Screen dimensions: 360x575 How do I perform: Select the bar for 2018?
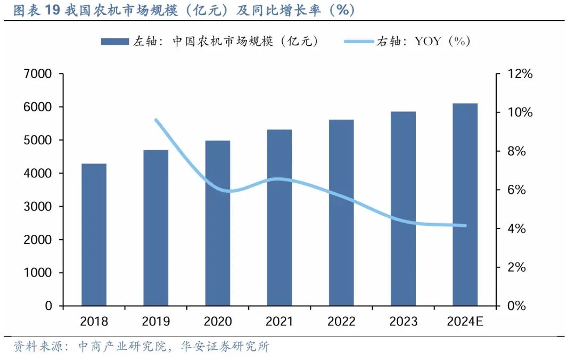tap(94, 234)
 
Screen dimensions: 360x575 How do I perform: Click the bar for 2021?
tap(280, 217)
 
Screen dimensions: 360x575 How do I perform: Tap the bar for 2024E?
tap(465, 204)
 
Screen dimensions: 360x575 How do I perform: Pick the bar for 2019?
tap(155, 227)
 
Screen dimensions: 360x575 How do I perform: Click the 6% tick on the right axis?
tap(515, 190)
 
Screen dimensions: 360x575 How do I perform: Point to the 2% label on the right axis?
tap(515, 267)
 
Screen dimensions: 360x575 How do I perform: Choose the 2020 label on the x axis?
tap(217, 322)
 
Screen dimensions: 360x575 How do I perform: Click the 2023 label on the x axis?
tap(403, 322)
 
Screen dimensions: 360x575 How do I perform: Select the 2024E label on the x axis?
tap(465, 322)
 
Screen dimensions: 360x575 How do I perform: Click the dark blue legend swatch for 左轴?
tap(114, 42)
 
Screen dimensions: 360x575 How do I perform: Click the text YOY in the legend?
tap(428, 42)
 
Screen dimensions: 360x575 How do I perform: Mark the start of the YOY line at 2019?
tap(156, 120)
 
